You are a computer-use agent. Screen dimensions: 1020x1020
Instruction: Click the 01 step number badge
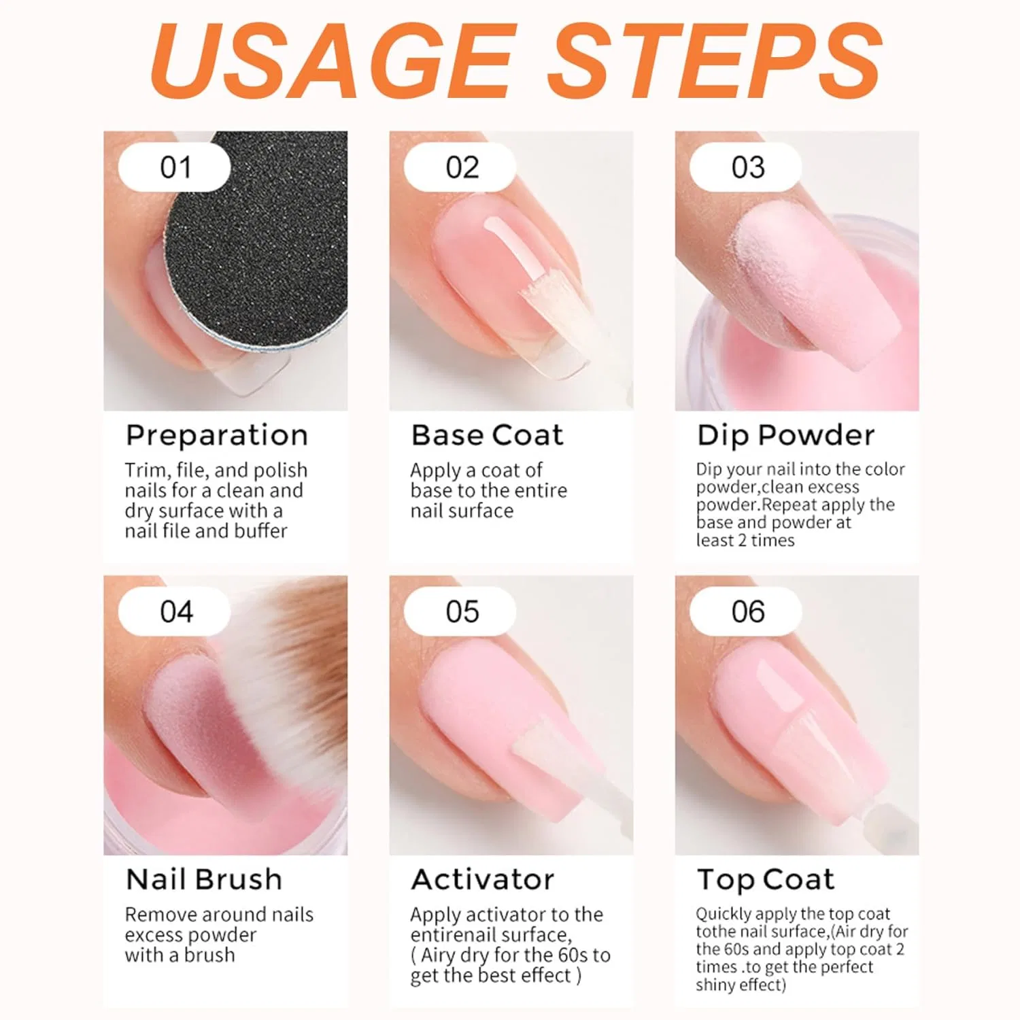point(175,167)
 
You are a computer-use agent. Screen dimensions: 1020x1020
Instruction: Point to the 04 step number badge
point(175,611)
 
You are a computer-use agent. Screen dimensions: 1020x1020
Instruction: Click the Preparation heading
point(217,436)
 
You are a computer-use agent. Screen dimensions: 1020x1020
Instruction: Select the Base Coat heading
point(488,435)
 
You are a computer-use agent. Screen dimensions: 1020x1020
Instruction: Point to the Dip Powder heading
point(786,436)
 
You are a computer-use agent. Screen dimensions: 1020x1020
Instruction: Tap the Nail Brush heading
point(204,879)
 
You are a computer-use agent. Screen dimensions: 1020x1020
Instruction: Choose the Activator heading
point(483,879)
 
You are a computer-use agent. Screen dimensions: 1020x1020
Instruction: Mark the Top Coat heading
point(766,880)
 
